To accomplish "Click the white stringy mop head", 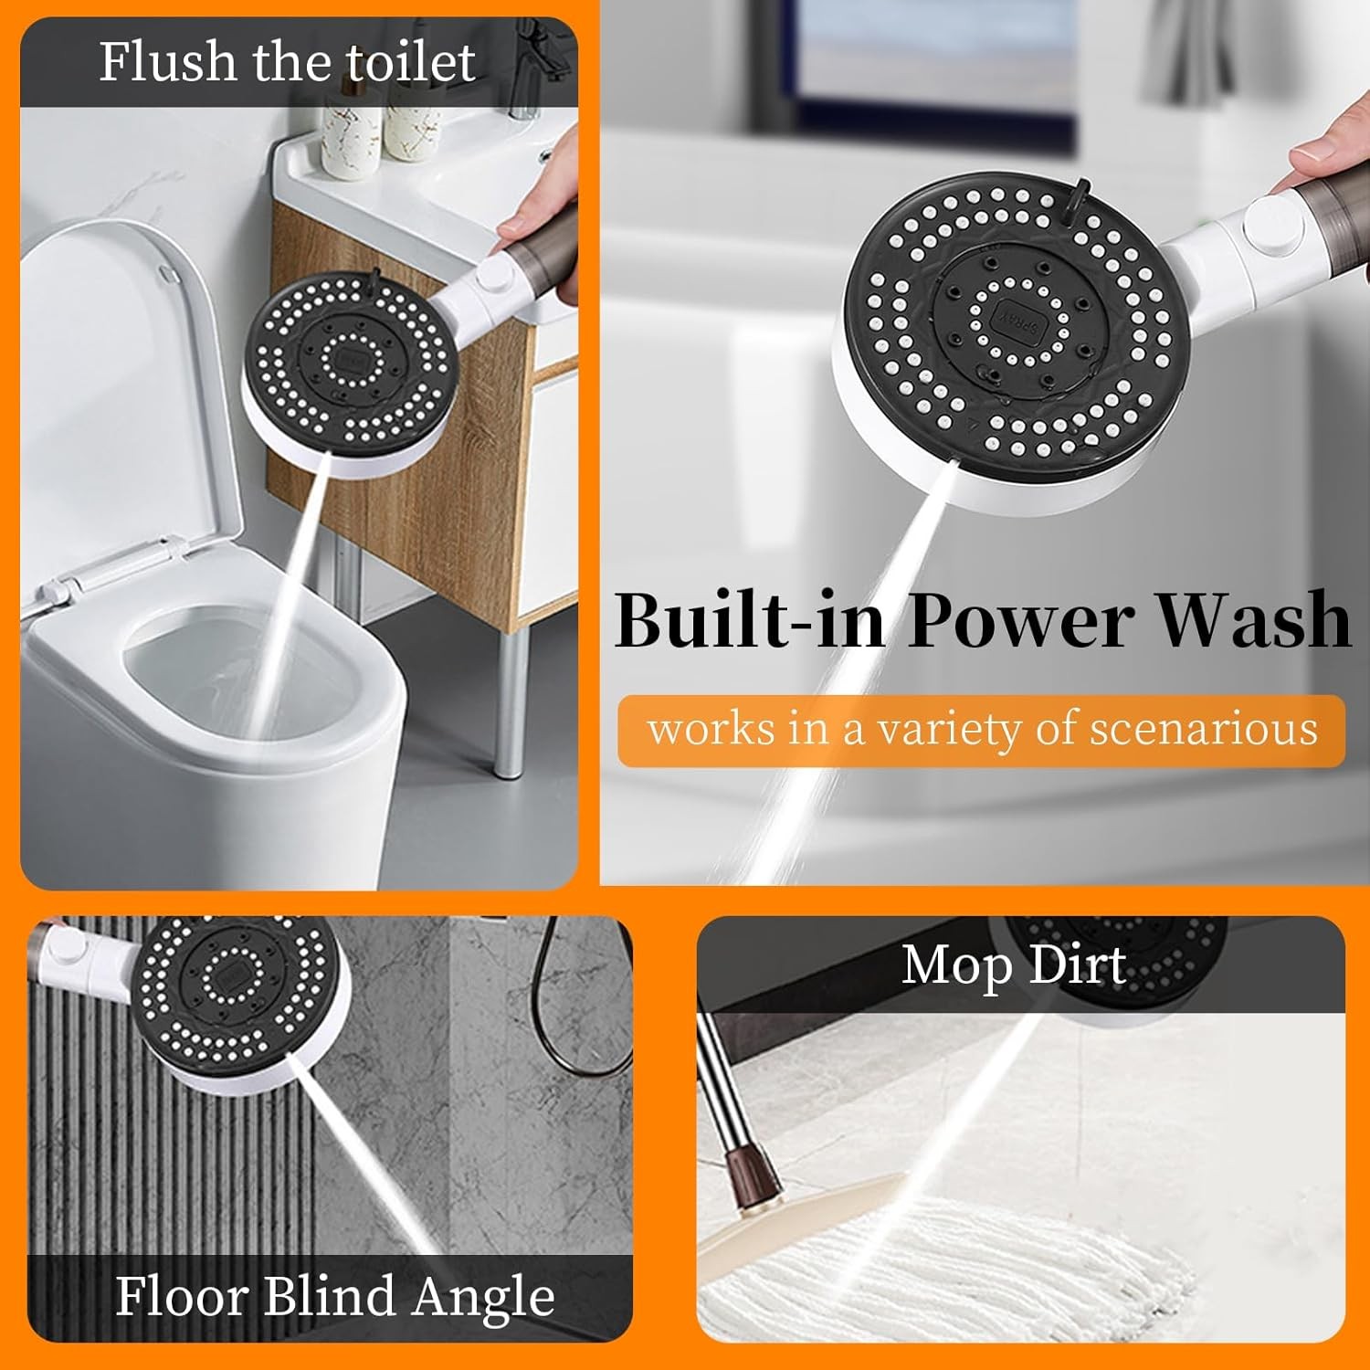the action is (941, 1270).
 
